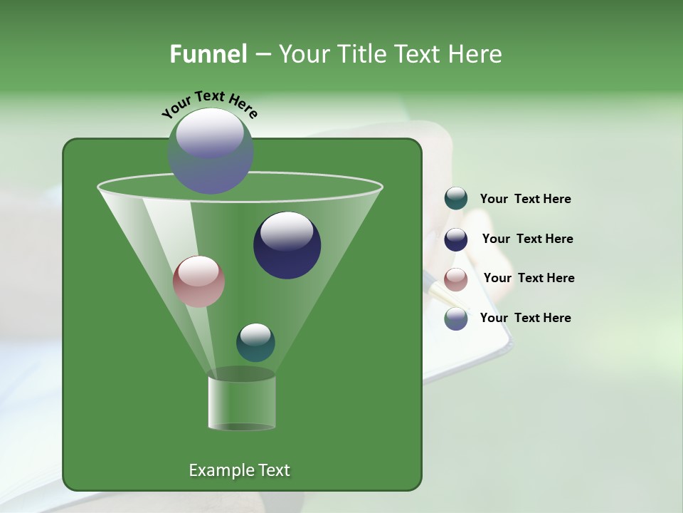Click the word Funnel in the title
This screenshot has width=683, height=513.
(x=208, y=54)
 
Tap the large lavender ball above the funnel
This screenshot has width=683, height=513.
(x=211, y=151)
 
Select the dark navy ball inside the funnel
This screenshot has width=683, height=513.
(x=287, y=246)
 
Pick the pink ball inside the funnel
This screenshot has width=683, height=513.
(x=198, y=281)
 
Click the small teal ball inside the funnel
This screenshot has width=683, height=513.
(x=255, y=343)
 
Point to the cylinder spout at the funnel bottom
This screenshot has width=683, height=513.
(x=242, y=403)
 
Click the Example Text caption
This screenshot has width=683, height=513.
(x=239, y=470)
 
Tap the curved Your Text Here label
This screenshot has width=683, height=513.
(x=210, y=104)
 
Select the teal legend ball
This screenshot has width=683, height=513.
(x=456, y=199)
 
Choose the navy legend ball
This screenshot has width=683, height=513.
(x=456, y=239)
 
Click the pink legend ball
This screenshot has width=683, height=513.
(x=456, y=279)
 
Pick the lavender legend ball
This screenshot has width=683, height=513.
(x=456, y=318)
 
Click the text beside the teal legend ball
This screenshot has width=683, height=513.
(x=525, y=199)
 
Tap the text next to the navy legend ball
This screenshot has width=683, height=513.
(x=527, y=239)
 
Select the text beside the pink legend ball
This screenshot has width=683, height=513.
(x=529, y=279)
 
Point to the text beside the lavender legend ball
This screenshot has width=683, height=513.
(x=525, y=318)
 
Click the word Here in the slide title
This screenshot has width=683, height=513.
(x=477, y=54)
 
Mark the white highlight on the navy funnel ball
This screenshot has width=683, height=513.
(x=287, y=232)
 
